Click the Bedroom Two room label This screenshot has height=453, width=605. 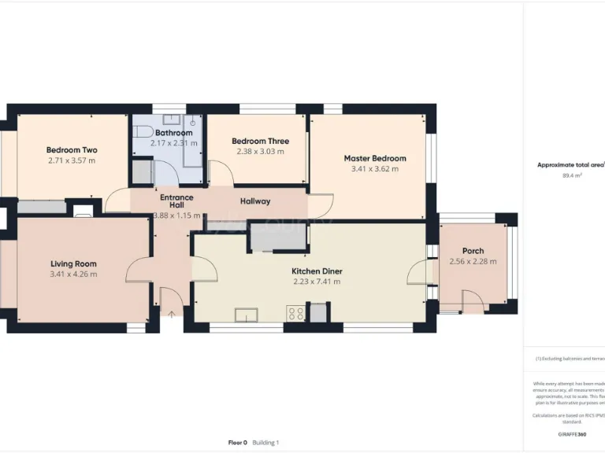[72, 150]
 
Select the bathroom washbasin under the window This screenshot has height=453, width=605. [171, 120]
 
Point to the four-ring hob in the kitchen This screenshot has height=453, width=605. [296, 313]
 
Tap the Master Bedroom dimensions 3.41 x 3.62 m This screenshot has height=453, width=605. [374, 169]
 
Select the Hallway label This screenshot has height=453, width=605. [255, 201]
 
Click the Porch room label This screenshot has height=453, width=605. [473, 251]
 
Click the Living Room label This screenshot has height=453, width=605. [73, 264]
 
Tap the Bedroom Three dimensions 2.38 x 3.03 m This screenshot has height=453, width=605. [260, 152]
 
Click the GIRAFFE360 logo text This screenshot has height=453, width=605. [571, 434]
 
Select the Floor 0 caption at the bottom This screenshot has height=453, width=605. [238, 443]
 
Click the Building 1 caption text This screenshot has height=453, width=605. [265, 443]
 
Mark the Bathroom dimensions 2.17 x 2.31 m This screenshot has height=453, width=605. [173, 143]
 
